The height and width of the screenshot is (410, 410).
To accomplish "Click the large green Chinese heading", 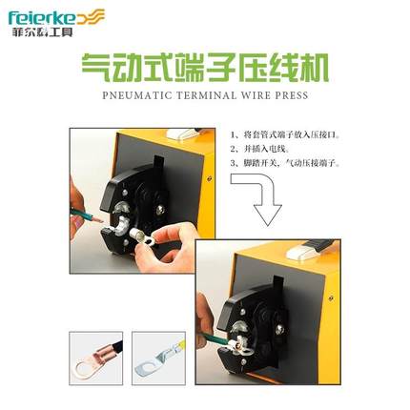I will point(205,70).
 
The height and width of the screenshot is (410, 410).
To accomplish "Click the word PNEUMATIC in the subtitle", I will point(133,95).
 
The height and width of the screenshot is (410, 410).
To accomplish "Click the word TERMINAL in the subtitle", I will point(208,95).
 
